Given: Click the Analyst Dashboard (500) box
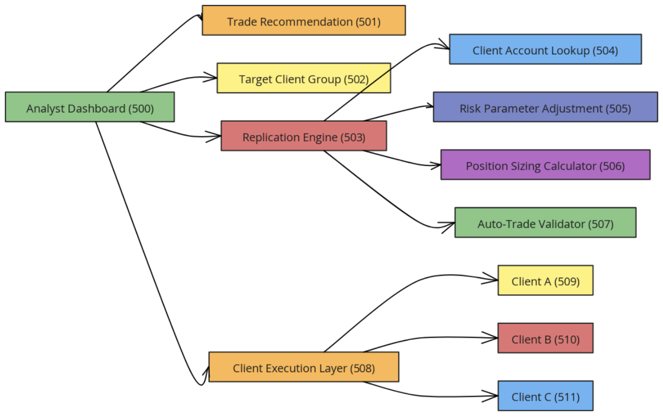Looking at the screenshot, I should point(90,107).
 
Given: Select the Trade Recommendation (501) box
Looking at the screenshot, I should point(304,21).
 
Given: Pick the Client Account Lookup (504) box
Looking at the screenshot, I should point(545,49).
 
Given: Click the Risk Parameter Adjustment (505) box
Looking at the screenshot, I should point(545,107).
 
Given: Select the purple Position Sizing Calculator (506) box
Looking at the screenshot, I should point(545,165).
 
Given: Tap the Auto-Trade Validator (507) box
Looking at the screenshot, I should point(545,223).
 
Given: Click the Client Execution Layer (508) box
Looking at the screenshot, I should point(304,367).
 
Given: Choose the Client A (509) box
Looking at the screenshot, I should point(545,280).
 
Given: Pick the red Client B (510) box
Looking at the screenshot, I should point(545,338).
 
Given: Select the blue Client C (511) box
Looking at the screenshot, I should point(545,396).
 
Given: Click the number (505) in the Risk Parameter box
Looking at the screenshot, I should point(618,108).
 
